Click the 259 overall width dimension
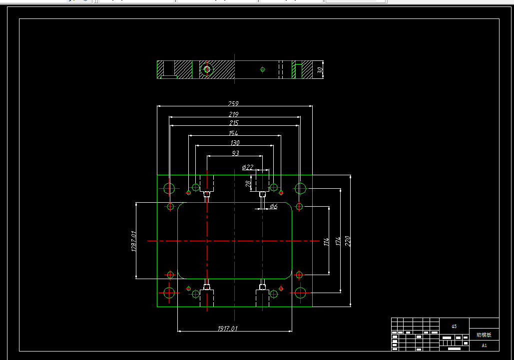click(x=233, y=104)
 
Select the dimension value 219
click(x=234, y=115)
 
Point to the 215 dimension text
click(x=234, y=123)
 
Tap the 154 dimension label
click(x=233, y=133)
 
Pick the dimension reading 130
click(x=234, y=143)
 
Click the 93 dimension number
click(x=235, y=153)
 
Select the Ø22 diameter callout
click(x=248, y=167)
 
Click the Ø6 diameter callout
click(x=273, y=206)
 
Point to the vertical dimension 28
click(x=248, y=184)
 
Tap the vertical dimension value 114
click(x=326, y=242)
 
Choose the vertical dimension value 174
click(x=338, y=241)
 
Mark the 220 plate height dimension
click(x=348, y=241)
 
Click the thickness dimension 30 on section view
click(x=320, y=70)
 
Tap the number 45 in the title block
click(x=454, y=327)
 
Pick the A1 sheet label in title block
click(x=484, y=345)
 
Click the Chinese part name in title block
click(x=484, y=335)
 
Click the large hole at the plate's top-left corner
click(x=169, y=188)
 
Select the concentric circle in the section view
click(x=207, y=69)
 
